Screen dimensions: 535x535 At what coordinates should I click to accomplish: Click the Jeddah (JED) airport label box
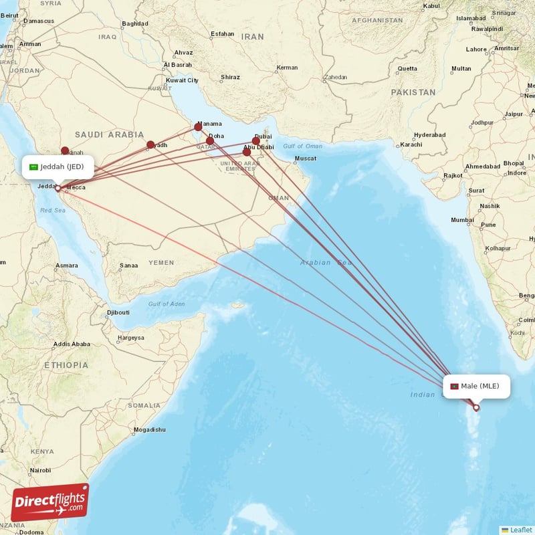(x=58, y=167)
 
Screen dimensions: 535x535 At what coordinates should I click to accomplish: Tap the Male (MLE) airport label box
(x=476, y=386)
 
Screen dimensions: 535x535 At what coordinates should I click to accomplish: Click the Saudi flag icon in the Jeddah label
(x=33, y=167)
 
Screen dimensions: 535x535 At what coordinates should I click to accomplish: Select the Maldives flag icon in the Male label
(x=454, y=387)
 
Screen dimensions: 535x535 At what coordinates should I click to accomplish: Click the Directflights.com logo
(x=50, y=502)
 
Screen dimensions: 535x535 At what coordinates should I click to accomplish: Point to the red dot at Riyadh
(x=150, y=144)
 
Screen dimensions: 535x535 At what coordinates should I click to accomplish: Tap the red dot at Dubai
(x=256, y=140)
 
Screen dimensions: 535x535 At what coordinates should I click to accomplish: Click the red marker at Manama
(x=198, y=127)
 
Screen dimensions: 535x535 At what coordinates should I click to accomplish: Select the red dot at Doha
(x=210, y=140)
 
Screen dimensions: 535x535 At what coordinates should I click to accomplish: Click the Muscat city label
(x=305, y=158)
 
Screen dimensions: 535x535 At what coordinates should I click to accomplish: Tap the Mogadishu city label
(x=148, y=429)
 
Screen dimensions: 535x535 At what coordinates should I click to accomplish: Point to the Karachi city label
(x=411, y=144)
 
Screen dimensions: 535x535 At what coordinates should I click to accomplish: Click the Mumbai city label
(x=462, y=219)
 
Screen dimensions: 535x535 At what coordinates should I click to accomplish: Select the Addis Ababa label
(x=72, y=344)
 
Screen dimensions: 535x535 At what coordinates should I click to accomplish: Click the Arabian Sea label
(x=326, y=263)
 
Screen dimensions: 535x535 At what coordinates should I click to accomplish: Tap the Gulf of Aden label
(x=167, y=304)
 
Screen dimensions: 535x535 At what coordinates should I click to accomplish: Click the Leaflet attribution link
(x=520, y=530)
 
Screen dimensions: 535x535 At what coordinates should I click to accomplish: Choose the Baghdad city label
(x=134, y=23)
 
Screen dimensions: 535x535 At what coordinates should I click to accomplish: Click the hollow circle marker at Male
(x=476, y=407)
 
